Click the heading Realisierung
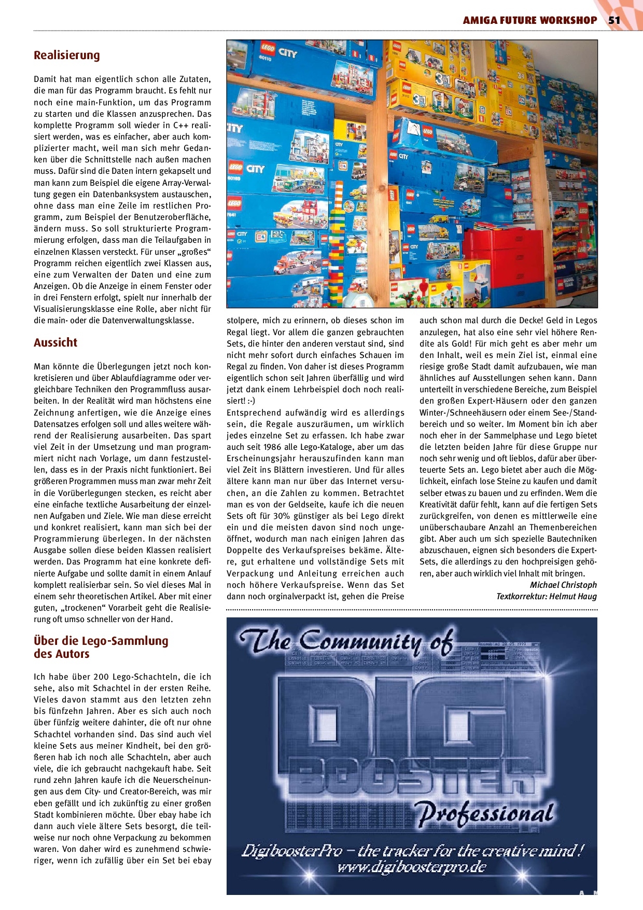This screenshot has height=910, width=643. [67, 55]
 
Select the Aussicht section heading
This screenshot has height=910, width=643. [55, 342]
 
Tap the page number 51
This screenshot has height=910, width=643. [614, 20]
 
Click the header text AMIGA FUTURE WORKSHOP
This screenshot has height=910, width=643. [529, 20]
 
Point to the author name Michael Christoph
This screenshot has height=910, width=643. [563, 585]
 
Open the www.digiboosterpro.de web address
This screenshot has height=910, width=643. [412, 867]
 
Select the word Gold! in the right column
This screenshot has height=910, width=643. [459, 343]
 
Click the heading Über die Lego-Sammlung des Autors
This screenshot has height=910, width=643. [101, 647]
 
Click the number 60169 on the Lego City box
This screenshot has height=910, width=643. [234, 178]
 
